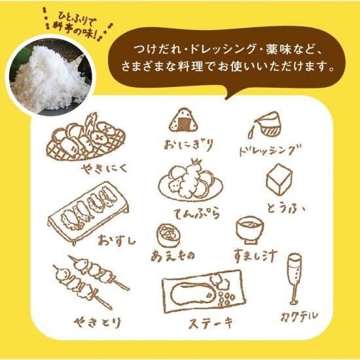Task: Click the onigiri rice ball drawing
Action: [181, 120]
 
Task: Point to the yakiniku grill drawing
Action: [85, 137]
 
